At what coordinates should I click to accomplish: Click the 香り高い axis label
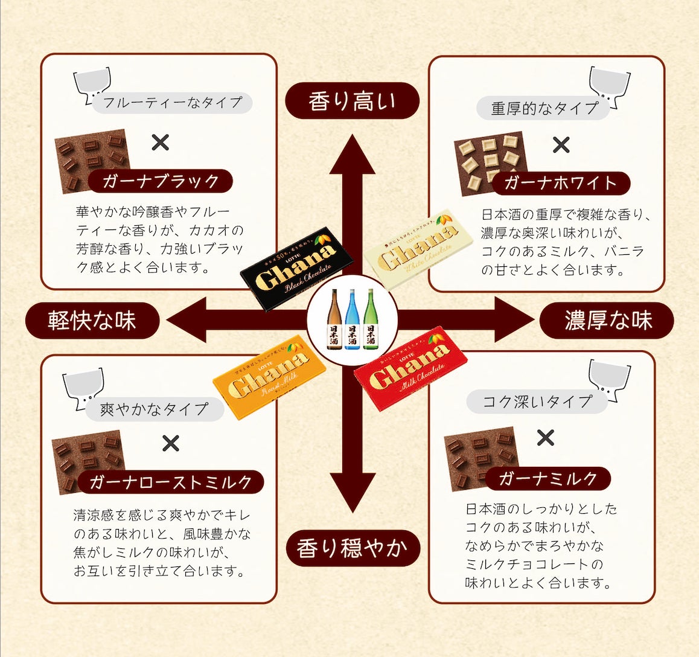[x=352, y=100]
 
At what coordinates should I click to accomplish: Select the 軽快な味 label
[x=92, y=320]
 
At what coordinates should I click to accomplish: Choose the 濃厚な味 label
[x=607, y=320]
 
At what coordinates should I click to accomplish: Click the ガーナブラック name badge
[x=161, y=181]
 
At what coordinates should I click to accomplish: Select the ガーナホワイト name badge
[x=560, y=182]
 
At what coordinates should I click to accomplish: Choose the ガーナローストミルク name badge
[x=171, y=482]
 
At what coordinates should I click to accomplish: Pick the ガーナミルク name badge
[x=547, y=478]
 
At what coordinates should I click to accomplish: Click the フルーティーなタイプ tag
[x=173, y=102]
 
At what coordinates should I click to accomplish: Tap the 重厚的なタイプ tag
[x=543, y=109]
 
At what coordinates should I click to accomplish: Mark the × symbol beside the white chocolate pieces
[x=561, y=145]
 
